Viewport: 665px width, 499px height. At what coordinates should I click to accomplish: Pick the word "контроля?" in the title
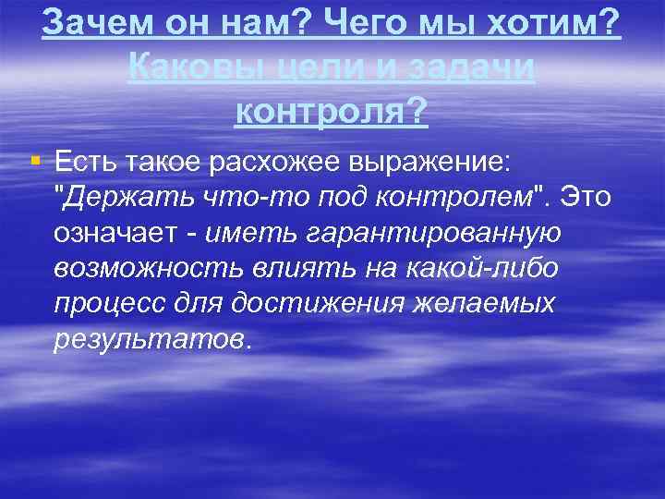[x=332, y=112]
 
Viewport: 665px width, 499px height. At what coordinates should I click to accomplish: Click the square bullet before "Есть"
[x=35, y=161]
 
